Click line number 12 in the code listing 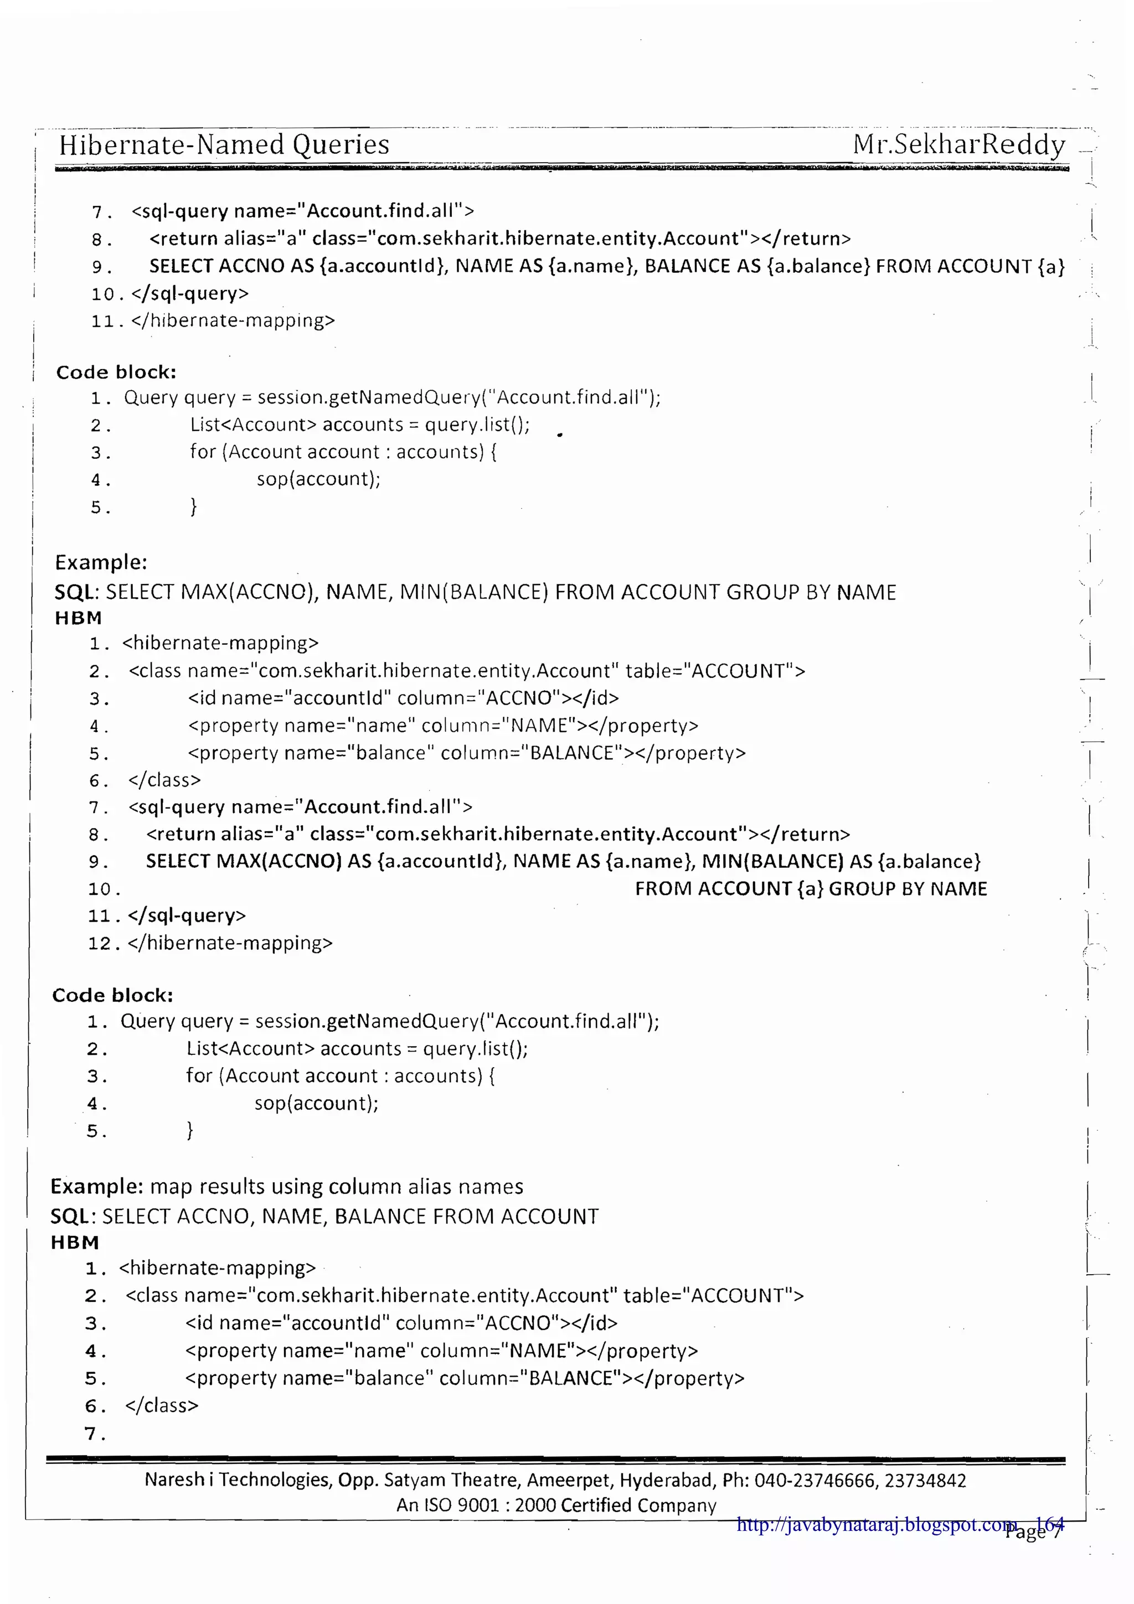pos(99,944)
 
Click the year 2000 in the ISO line pos(536,1505)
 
